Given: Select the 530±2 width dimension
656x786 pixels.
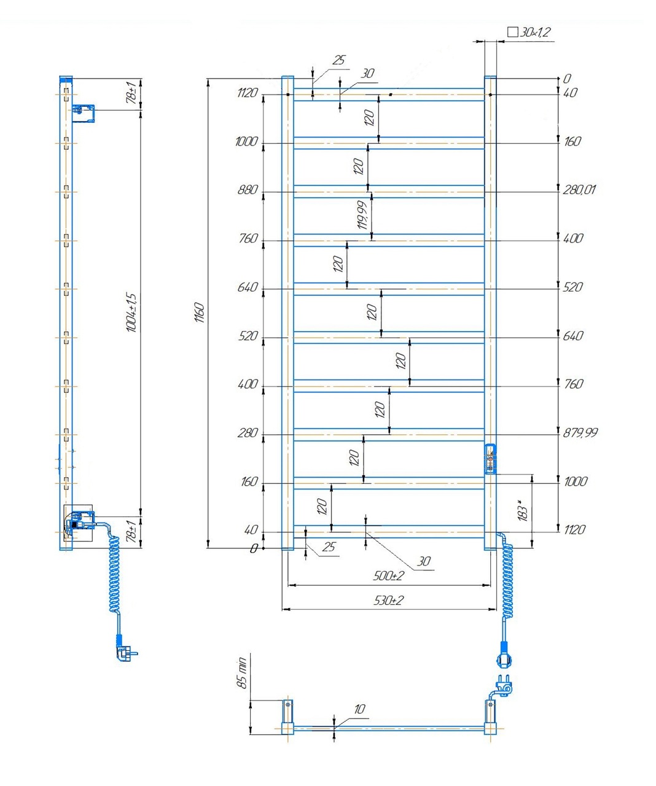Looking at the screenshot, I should (388, 601).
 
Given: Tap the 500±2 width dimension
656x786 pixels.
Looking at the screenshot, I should (388, 576).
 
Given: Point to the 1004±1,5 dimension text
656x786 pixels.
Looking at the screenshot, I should (131, 313).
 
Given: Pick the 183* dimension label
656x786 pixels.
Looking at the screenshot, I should (523, 511).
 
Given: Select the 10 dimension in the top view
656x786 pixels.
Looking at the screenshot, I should (359, 709).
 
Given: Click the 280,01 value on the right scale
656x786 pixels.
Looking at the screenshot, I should (579, 190).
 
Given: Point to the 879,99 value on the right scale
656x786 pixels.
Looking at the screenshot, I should (580, 433).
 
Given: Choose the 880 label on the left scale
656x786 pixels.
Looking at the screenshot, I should (247, 190).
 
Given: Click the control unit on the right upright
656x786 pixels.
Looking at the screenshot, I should (490, 459).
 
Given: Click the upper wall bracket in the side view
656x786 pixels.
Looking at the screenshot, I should (84, 112).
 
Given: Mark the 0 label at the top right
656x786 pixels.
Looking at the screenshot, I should (566, 79).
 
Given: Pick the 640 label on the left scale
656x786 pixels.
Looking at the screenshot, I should (247, 288).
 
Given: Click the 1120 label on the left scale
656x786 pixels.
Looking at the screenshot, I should (247, 93).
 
